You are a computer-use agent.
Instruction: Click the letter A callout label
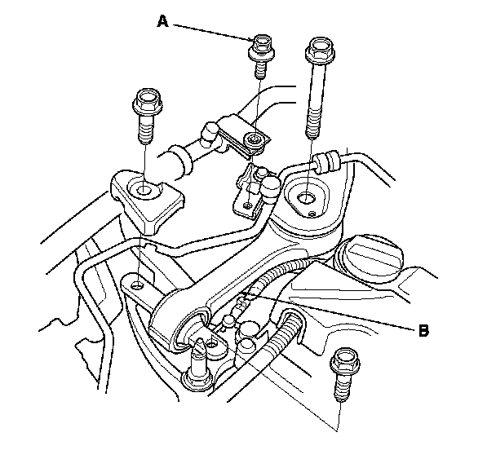coord(163,23)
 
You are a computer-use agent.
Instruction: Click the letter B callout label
coord(423,330)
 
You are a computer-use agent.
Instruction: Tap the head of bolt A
coord(262,45)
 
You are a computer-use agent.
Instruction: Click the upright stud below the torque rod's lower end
coord(196,359)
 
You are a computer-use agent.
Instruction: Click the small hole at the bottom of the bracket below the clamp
coord(241,207)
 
